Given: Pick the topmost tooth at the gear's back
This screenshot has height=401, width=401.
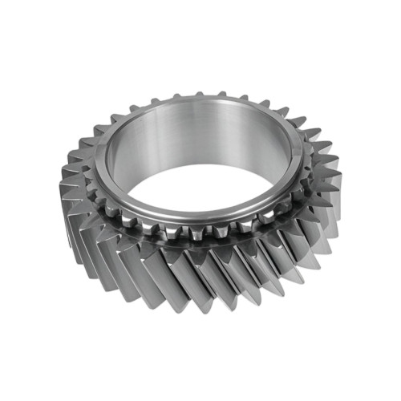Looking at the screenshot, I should coord(200,95).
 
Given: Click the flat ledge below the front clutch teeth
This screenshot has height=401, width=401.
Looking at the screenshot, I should coord(200,243).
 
